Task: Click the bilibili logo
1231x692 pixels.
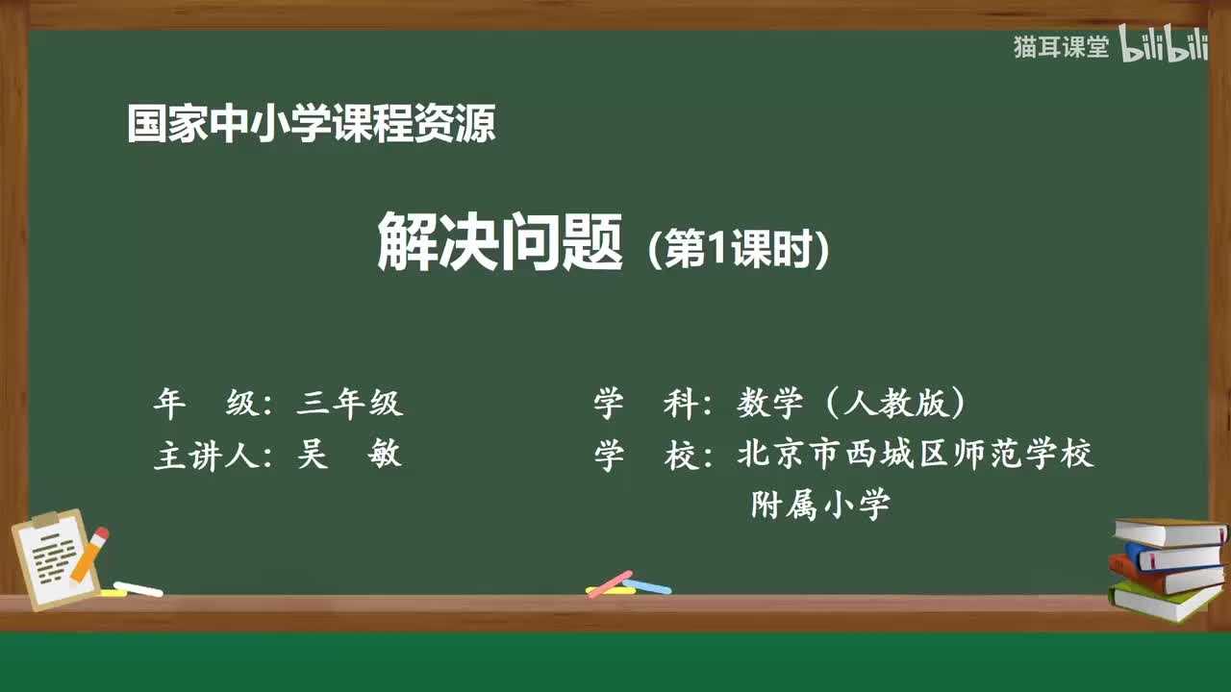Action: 1164,47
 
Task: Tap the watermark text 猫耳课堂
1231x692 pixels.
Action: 1061,47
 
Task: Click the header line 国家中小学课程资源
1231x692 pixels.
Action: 311,124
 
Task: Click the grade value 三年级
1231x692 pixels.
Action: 349,404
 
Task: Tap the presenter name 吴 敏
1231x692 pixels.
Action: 349,455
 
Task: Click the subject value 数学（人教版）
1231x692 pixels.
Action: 851,404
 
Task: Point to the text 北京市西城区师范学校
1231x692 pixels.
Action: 915,454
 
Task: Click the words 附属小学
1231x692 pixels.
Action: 820,505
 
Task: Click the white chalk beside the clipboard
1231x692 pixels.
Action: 138,588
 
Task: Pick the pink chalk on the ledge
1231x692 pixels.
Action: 610,583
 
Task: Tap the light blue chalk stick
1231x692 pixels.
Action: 647,586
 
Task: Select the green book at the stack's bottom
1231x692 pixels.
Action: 1164,602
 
